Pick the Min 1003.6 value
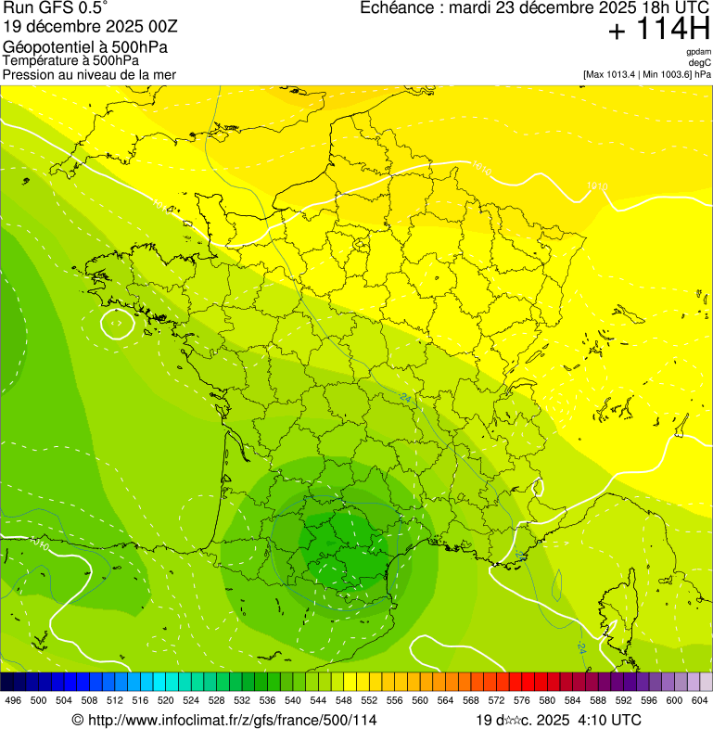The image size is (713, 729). point(668,73)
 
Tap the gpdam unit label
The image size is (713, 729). point(698,53)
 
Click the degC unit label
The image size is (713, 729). point(700,62)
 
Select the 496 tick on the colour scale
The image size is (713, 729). point(13,700)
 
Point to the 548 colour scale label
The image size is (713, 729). point(343,700)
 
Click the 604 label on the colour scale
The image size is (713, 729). point(699,700)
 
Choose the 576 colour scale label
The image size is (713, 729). point(521,700)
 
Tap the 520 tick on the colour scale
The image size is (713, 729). point(165,700)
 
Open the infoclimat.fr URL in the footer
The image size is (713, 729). point(231,720)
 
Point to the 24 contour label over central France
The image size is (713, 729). point(405,398)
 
